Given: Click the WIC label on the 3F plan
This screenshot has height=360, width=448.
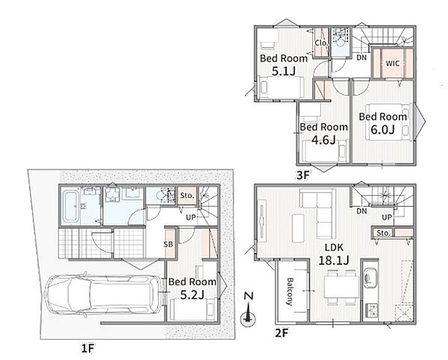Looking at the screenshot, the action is pyautogui.click(x=393, y=63).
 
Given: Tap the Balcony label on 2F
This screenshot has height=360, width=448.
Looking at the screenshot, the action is pyautogui.click(x=290, y=291).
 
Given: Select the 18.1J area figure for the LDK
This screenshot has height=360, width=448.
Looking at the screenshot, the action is pyautogui.click(x=334, y=260).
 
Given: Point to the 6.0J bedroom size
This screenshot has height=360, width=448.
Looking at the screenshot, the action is pyautogui.click(x=382, y=129).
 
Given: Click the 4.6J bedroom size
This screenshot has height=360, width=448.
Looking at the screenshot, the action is pyautogui.click(x=323, y=140).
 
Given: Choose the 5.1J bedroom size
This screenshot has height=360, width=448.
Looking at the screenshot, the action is pyautogui.click(x=284, y=71).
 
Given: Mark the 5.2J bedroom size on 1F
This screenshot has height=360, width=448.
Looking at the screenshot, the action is pyautogui.click(x=192, y=294).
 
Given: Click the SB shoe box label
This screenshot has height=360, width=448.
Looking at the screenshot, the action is pyautogui.click(x=168, y=244).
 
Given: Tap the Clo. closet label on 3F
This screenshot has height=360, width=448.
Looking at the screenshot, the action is pyautogui.click(x=321, y=43).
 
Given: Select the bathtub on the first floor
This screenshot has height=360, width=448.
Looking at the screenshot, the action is pyautogui.click(x=71, y=206).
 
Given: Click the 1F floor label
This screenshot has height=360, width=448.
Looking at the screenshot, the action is pyautogui.click(x=87, y=349).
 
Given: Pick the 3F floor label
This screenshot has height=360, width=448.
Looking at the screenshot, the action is pyautogui.click(x=303, y=175).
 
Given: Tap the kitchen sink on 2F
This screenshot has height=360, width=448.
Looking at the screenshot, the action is pyautogui.click(x=370, y=276).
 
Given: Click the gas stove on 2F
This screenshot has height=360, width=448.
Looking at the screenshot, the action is pyautogui.click(x=371, y=309).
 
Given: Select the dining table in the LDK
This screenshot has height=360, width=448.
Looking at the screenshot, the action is pyautogui.click(x=341, y=287).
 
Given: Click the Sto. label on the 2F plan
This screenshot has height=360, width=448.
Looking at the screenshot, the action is pyautogui.click(x=384, y=233).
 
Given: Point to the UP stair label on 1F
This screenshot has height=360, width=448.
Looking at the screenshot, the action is pyautogui.click(x=191, y=217).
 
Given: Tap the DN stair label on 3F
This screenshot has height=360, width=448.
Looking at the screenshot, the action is pyautogui.click(x=361, y=58).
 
